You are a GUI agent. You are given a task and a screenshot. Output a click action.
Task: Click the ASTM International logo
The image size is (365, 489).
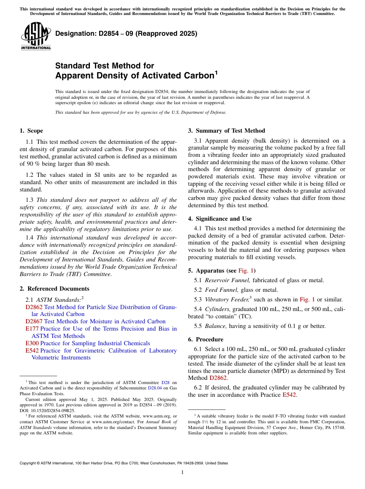coord(36,36)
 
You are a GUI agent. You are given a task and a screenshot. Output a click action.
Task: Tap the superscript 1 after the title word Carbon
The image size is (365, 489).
coord(216,72)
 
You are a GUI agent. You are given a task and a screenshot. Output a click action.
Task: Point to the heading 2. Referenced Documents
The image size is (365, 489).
coord(54,289)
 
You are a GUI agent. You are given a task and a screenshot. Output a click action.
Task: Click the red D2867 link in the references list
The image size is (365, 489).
coord(34,321)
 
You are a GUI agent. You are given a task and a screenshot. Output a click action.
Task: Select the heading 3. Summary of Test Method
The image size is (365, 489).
coord(226,131)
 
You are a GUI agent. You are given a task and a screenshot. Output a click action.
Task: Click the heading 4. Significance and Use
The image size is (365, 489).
coord(220,219)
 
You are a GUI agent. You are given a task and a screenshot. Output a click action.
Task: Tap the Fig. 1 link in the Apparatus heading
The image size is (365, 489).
coord(246,270)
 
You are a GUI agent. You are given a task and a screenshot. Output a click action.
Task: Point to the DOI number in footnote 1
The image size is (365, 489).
coord(49,410)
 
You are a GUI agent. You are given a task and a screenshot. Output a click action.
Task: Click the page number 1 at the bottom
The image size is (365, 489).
coord(182,472)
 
